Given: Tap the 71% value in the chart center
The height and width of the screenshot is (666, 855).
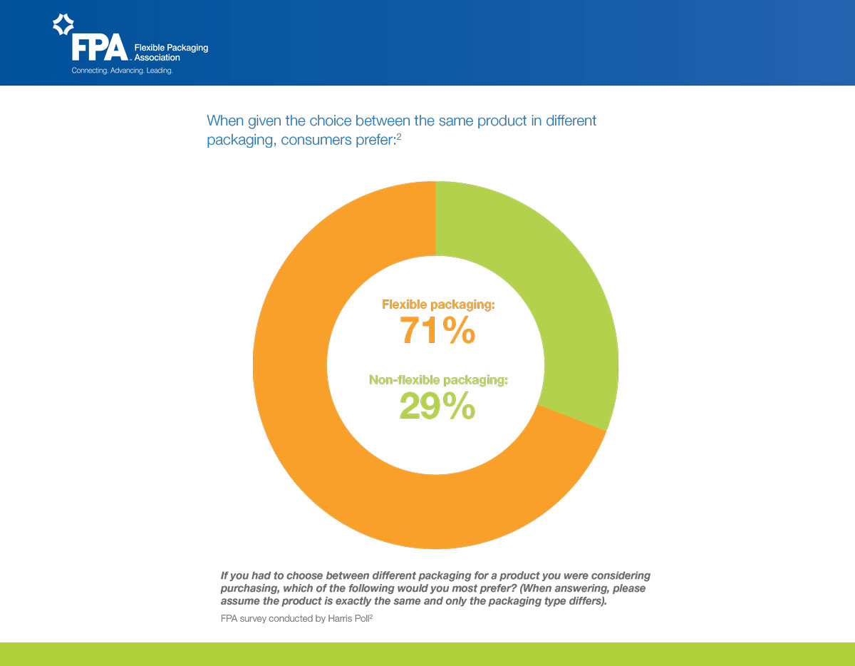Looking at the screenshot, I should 437,331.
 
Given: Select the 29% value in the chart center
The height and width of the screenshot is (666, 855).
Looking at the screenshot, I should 437,406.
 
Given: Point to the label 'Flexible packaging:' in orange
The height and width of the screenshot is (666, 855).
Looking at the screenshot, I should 438,304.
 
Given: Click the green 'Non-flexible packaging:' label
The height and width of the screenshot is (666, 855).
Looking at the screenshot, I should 438,380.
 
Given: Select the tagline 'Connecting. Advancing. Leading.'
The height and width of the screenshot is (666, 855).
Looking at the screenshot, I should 122,71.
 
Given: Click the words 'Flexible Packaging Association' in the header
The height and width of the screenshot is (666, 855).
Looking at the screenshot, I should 171,52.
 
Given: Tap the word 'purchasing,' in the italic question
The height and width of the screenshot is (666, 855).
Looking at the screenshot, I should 248,588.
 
